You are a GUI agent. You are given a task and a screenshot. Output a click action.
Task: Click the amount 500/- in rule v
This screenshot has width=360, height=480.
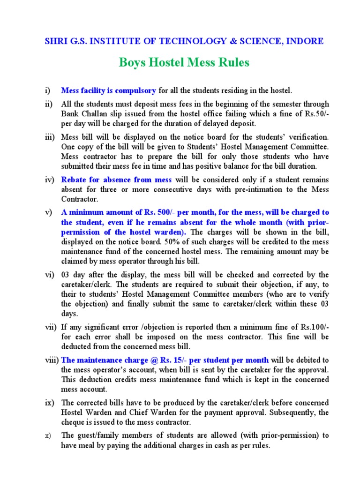click(157, 212)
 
